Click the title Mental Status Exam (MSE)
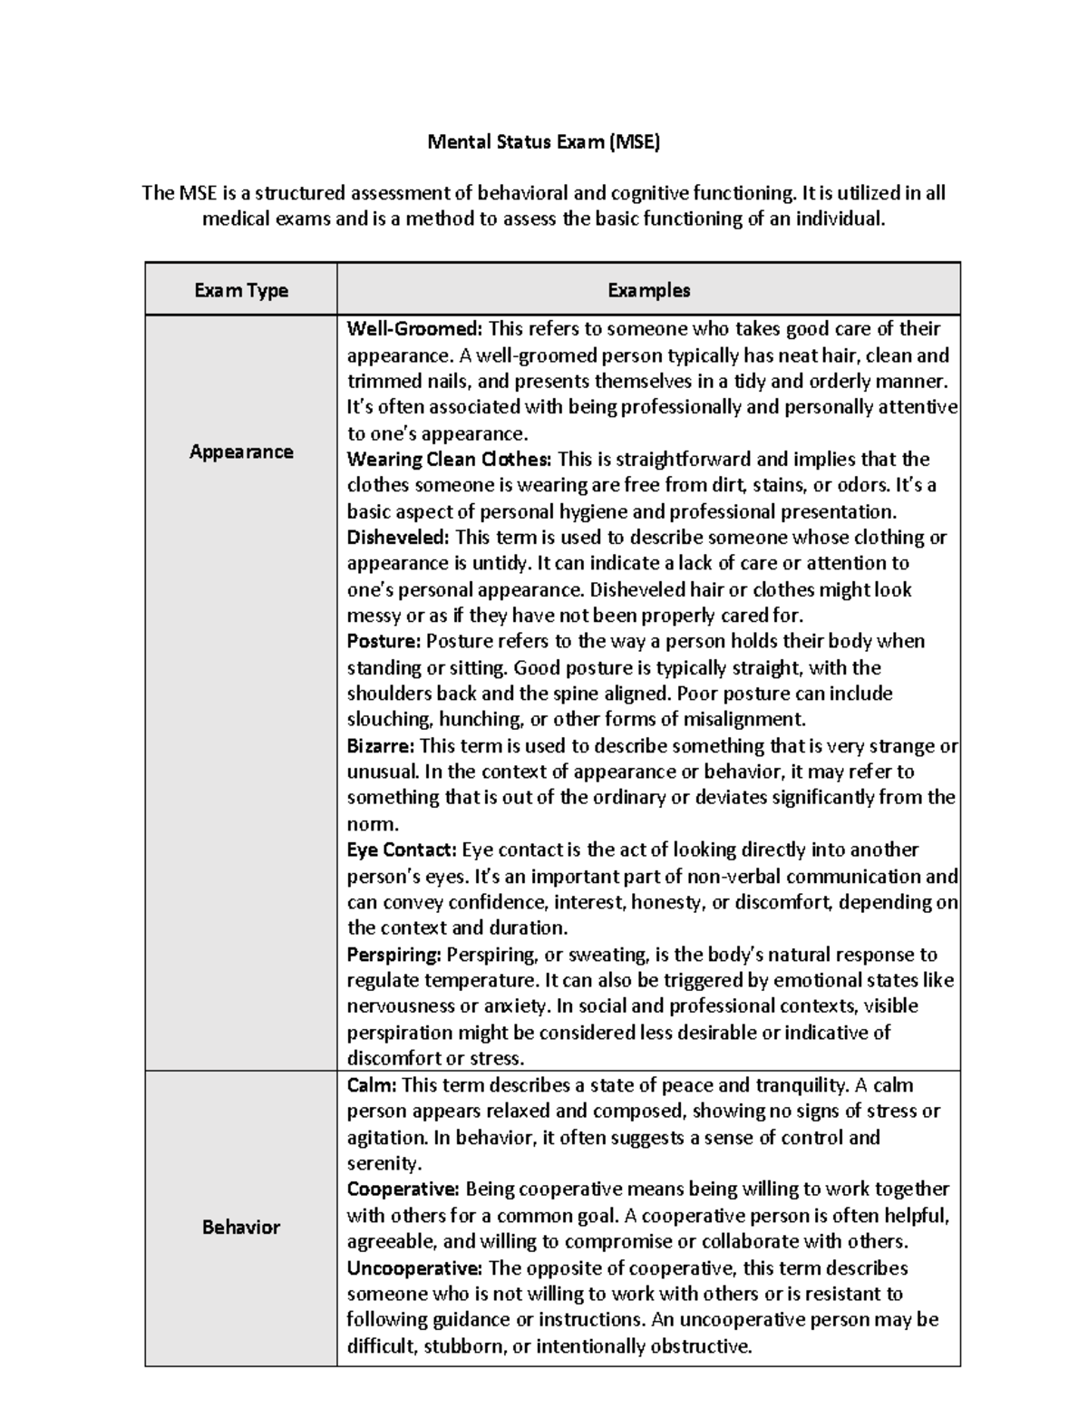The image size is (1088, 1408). (544, 141)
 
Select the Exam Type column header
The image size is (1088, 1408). (241, 290)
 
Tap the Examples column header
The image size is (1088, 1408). (648, 290)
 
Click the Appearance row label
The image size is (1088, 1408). (241, 452)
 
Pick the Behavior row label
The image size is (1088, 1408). (241, 1227)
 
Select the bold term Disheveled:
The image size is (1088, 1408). (398, 537)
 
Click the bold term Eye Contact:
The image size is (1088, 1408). (402, 850)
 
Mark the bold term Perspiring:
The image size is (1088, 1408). (394, 955)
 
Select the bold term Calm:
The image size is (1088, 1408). (372, 1085)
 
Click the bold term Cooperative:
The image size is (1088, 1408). (403, 1189)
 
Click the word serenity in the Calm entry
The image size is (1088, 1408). (384, 1163)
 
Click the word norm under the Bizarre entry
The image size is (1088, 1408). (372, 825)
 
